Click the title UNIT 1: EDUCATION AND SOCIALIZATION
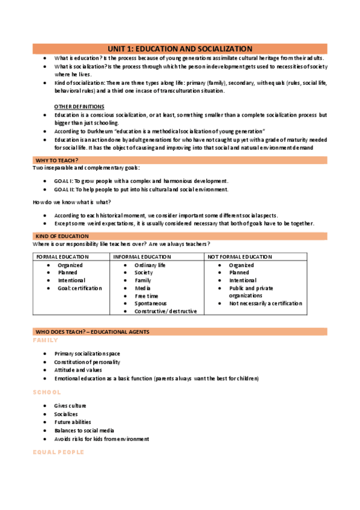[x=180, y=49]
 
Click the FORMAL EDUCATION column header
[x=63, y=257]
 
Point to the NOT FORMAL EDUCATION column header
[x=240, y=257]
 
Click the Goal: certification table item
[x=80, y=288]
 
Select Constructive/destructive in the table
[x=165, y=312]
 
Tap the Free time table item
[x=147, y=296]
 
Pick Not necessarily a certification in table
[x=265, y=304]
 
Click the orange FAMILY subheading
[x=45, y=340]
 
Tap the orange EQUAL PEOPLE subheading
[x=58, y=452]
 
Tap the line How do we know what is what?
[x=72, y=202]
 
